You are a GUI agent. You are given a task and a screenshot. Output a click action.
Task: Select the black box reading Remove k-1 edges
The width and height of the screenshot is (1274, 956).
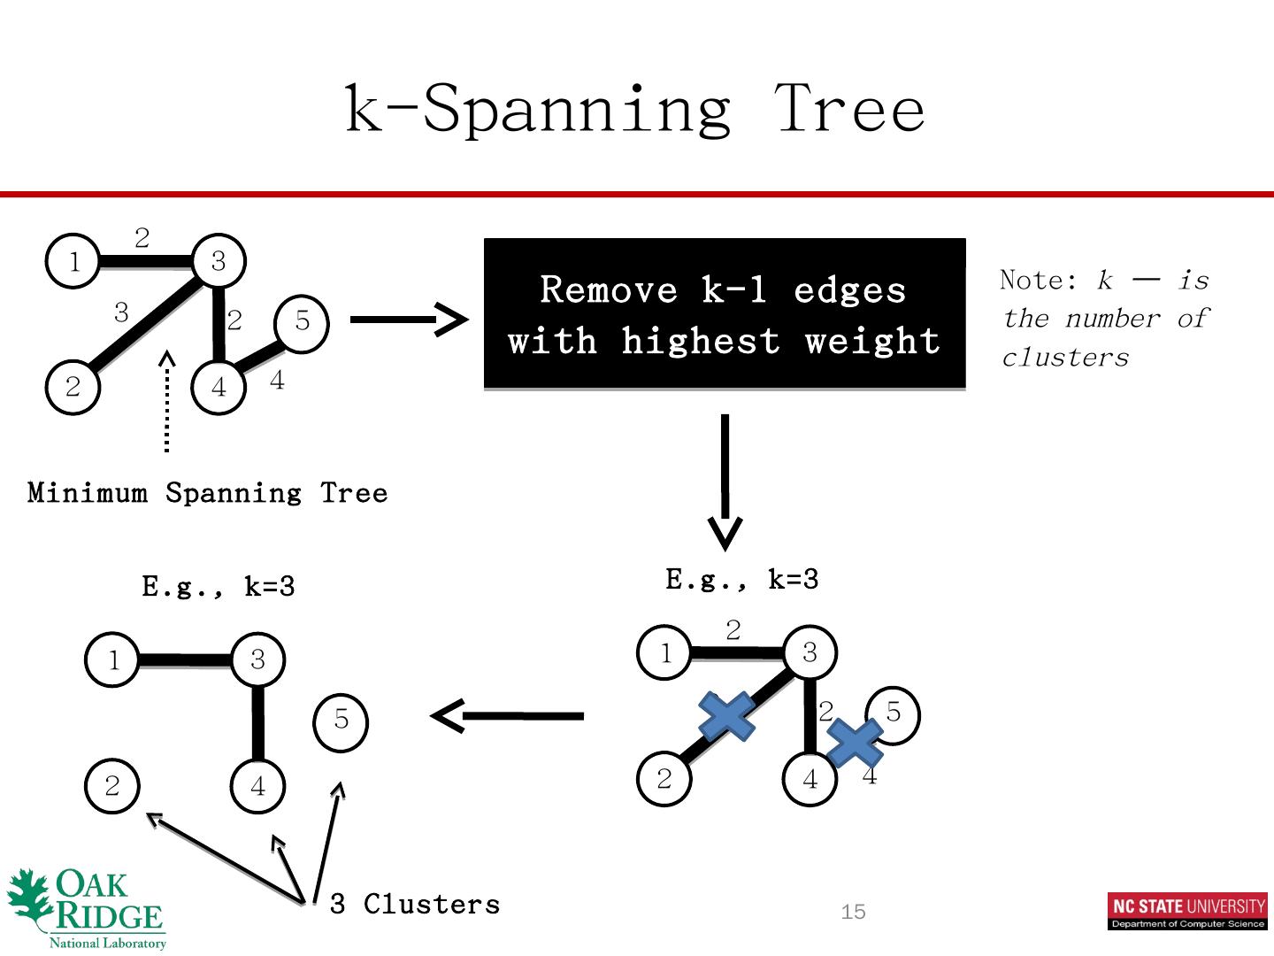tap(724, 313)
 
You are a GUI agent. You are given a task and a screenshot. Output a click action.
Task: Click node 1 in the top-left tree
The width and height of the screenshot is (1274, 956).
tap(73, 261)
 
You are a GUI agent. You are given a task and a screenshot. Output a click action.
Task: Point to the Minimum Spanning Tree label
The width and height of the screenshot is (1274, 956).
tap(208, 492)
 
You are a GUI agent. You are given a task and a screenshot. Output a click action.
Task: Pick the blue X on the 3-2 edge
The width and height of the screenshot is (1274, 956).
tap(726, 715)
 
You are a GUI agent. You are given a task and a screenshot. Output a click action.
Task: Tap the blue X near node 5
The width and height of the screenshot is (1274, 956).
tap(856, 742)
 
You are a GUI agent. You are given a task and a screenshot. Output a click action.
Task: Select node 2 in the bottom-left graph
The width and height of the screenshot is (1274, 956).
tap(112, 786)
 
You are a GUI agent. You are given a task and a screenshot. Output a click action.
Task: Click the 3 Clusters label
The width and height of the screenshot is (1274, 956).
tap(414, 904)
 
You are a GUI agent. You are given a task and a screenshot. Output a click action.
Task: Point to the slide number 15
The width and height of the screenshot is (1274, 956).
tap(853, 912)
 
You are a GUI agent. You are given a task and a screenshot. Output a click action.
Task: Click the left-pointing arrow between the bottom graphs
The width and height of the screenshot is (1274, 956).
tap(507, 715)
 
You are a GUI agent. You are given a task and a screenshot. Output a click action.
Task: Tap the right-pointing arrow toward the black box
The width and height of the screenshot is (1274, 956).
tap(408, 319)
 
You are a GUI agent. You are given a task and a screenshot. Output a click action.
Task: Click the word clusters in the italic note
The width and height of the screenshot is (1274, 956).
tap(1065, 358)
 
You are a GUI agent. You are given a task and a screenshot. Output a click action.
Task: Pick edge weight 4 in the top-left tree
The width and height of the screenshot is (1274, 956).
tap(277, 381)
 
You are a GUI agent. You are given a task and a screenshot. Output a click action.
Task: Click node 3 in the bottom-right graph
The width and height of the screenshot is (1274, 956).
tap(810, 653)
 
